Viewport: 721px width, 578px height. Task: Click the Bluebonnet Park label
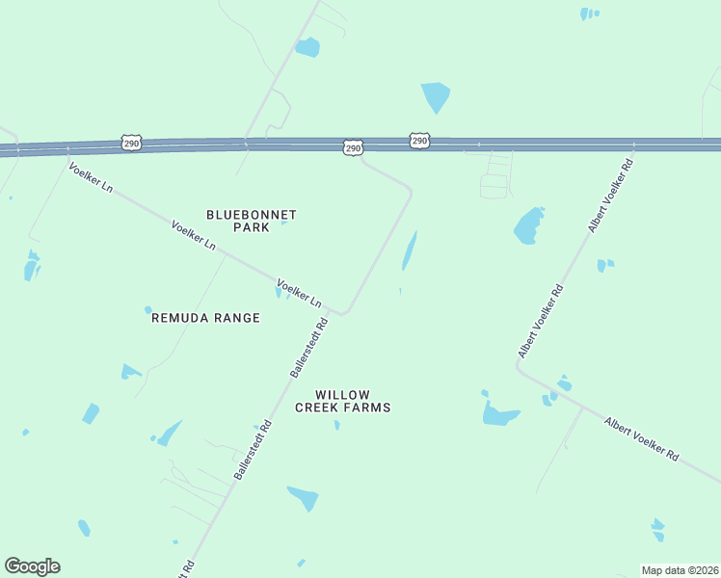(252, 221)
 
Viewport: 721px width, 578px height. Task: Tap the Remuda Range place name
(205, 318)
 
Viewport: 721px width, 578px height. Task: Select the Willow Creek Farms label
(342, 401)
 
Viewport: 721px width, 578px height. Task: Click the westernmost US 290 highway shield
(132, 144)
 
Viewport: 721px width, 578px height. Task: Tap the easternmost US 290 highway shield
(419, 141)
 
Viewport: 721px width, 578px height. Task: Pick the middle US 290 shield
(353, 147)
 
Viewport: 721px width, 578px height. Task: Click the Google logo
(32, 566)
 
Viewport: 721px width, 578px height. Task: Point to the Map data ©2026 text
(681, 569)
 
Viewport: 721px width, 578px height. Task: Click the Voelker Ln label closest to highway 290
(91, 177)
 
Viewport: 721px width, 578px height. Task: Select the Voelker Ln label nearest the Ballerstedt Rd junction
(299, 293)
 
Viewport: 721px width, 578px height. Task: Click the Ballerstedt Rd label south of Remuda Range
(254, 451)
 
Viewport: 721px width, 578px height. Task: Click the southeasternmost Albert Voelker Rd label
(642, 439)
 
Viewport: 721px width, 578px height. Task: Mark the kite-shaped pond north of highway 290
(435, 96)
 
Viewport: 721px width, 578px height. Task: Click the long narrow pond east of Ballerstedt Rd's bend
(409, 250)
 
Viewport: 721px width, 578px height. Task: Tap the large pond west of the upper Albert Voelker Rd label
(529, 225)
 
